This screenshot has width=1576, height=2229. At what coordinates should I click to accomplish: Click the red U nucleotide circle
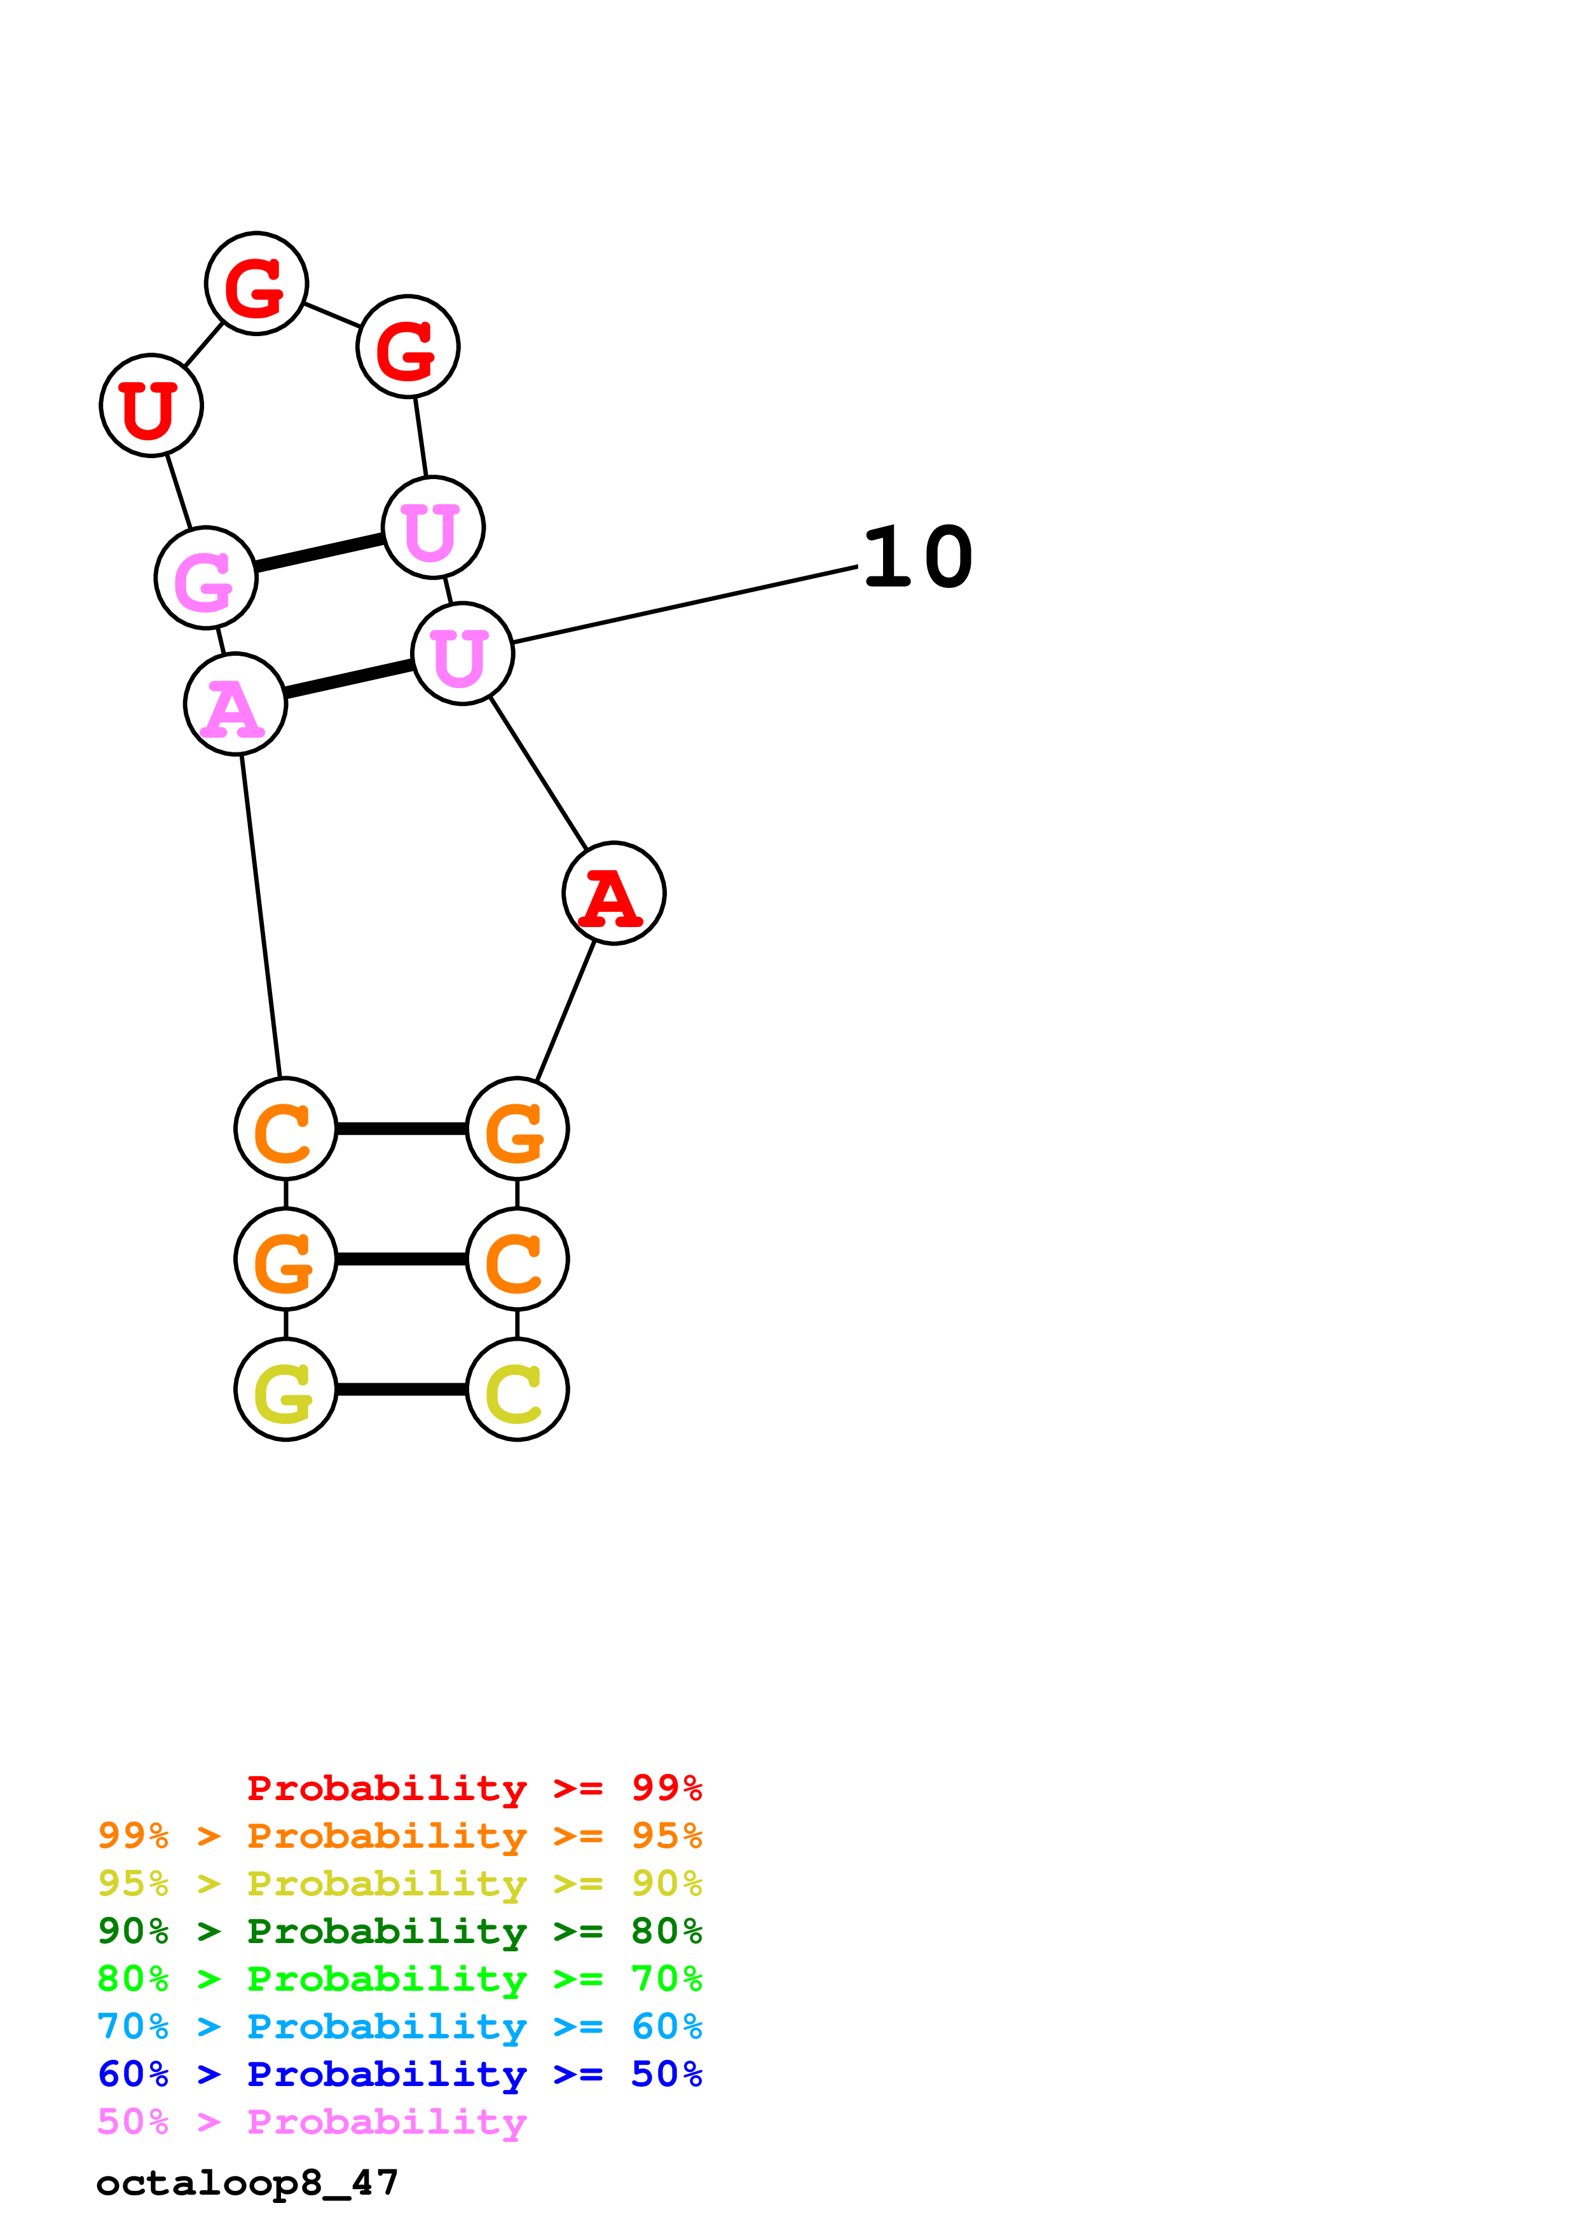click(151, 405)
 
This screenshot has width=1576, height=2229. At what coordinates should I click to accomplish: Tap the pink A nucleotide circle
click(235, 704)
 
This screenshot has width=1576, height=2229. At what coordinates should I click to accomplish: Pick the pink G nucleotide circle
click(206, 578)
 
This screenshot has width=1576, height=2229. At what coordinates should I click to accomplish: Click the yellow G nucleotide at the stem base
click(285, 1389)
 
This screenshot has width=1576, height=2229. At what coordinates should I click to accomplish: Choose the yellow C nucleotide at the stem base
click(517, 1389)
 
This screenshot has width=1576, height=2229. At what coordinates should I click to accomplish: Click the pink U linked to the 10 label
click(462, 653)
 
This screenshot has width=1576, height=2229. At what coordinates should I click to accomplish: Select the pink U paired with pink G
click(433, 527)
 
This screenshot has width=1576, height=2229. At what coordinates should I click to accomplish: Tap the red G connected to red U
click(256, 283)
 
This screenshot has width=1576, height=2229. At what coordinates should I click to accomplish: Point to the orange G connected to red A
click(517, 1128)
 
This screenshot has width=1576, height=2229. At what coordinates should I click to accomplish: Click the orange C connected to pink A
click(285, 1128)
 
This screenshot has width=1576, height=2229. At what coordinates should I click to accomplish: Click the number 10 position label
click(917, 557)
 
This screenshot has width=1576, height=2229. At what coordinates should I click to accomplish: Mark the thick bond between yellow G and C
click(401, 1389)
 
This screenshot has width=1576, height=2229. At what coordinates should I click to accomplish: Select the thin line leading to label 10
click(685, 604)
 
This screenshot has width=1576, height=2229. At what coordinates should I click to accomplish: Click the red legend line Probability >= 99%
click(474, 1787)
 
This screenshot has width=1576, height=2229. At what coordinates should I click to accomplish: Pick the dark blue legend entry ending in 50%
click(400, 2074)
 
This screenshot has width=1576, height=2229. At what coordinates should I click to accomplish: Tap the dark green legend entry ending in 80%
click(400, 1931)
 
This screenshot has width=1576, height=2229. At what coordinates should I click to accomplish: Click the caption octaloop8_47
click(247, 2183)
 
